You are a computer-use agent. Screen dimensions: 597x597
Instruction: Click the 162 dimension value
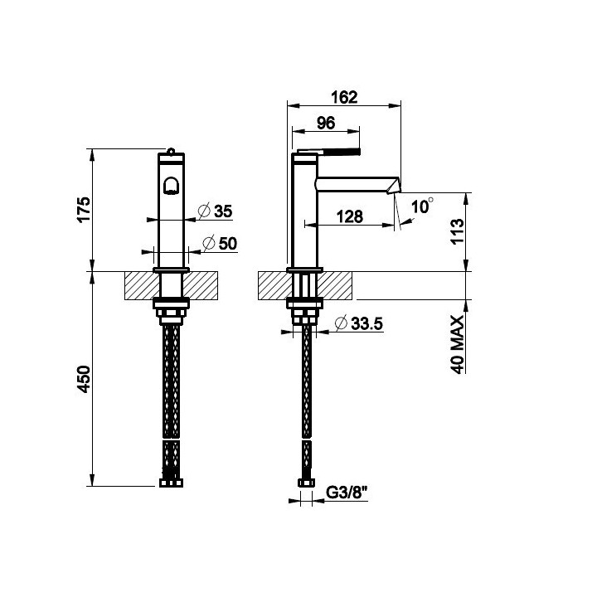tap(344, 97)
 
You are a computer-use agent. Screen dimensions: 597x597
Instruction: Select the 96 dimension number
tap(326, 123)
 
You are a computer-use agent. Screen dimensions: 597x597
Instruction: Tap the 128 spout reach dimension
tap(350, 216)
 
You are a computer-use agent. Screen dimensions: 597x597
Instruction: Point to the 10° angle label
tap(422, 206)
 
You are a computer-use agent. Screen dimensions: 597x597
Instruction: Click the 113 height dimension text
tap(457, 231)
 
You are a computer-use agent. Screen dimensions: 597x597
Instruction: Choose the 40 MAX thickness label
tap(457, 345)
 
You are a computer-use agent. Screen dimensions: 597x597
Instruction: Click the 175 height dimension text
tap(84, 209)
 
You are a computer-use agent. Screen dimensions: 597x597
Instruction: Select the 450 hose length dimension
tap(84, 379)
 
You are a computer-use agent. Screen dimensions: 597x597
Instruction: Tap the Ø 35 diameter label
tap(216, 211)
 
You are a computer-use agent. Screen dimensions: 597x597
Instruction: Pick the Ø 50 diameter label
tap(220, 243)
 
